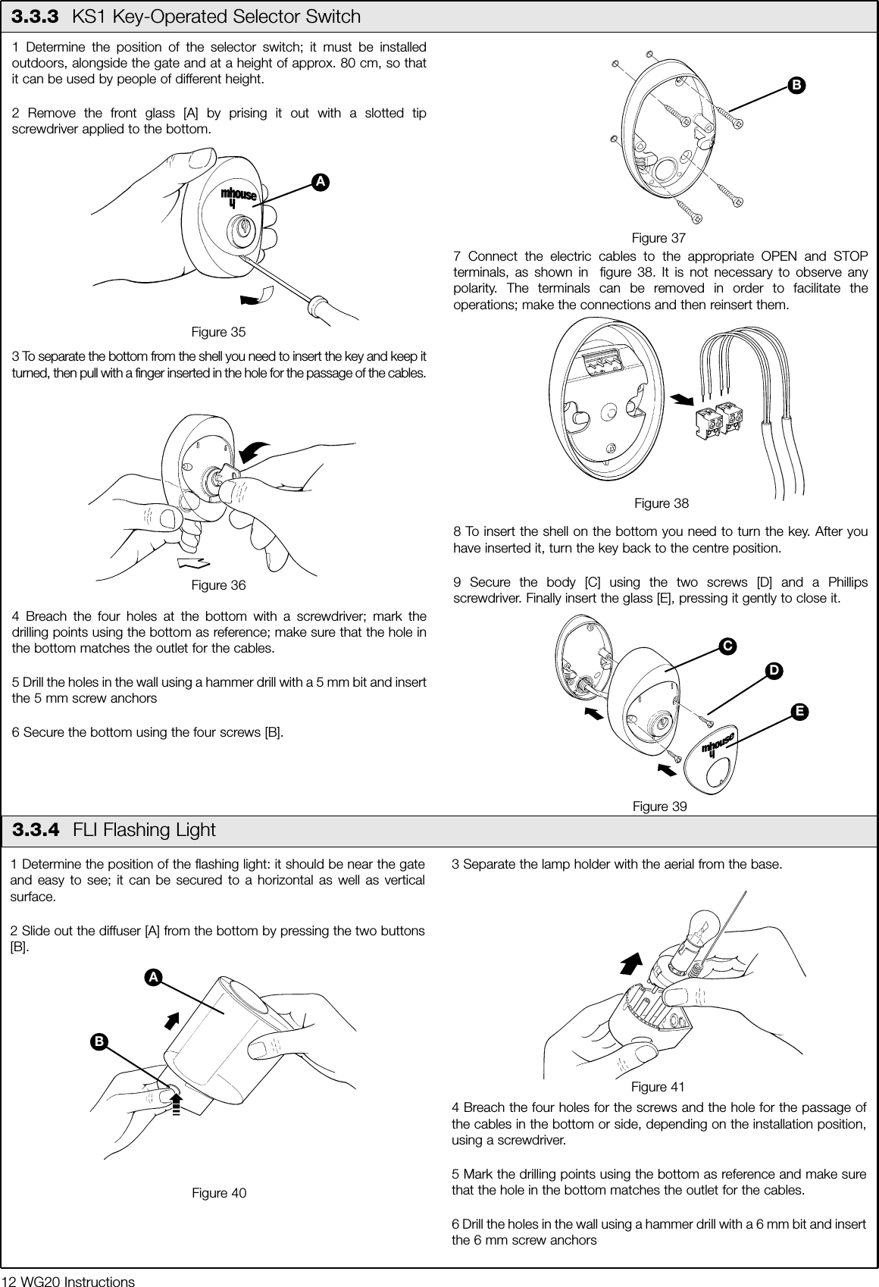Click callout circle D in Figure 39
click(x=773, y=672)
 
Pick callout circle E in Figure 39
click(x=798, y=712)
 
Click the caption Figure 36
click(x=218, y=585)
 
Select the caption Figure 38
click(x=662, y=503)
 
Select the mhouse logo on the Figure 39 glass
click(x=717, y=744)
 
